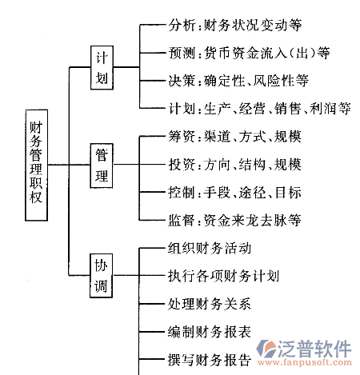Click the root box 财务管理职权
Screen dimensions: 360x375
click(37, 166)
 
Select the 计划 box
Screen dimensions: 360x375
click(102, 68)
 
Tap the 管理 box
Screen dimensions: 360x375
click(102, 166)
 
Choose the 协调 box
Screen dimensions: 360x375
click(101, 276)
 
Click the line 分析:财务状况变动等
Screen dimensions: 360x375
click(235, 26)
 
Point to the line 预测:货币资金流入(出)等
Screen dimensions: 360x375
click(249, 53)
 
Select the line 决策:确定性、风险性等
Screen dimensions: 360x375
click(238, 81)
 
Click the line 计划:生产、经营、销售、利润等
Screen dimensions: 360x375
click(259, 109)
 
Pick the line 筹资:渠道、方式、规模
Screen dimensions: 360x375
click(234, 137)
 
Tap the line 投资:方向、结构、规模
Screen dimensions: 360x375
click(234, 164)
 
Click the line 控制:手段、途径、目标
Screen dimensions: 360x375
click(234, 192)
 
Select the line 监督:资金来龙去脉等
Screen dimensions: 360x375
click(234, 220)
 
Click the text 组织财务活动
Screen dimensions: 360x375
click(210, 248)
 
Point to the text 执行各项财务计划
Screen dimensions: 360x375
click(223, 276)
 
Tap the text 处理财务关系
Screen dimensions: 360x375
click(210, 304)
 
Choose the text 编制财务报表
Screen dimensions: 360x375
click(210, 332)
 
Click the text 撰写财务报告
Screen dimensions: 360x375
click(210, 360)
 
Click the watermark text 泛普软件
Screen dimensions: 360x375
click(314, 349)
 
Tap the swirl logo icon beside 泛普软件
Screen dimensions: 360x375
click(266, 348)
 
